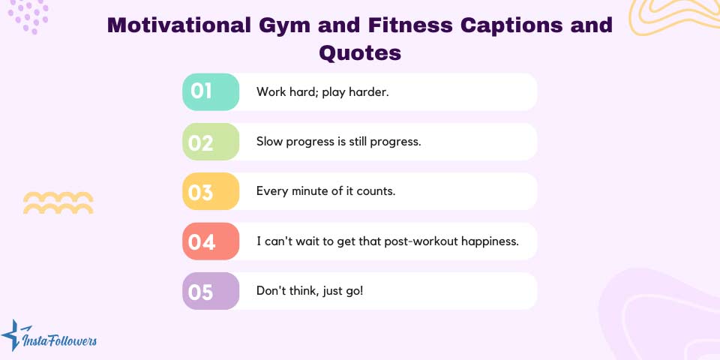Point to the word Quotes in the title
360,52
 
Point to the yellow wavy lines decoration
58,202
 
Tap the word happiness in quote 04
490,241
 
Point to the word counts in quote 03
376,191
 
